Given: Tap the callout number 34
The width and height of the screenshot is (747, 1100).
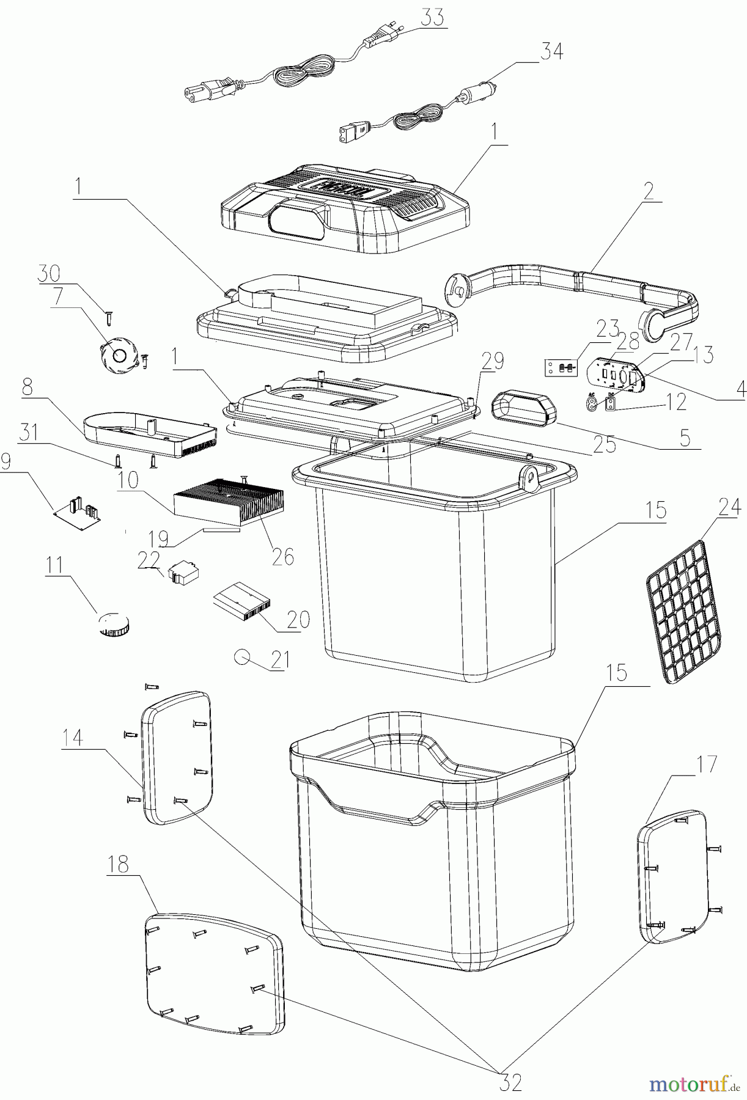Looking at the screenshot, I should pos(551,51).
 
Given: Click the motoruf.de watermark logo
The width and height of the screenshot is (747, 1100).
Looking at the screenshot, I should pos(693,1084).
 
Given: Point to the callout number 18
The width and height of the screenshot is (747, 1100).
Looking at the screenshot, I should pos(119,864).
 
